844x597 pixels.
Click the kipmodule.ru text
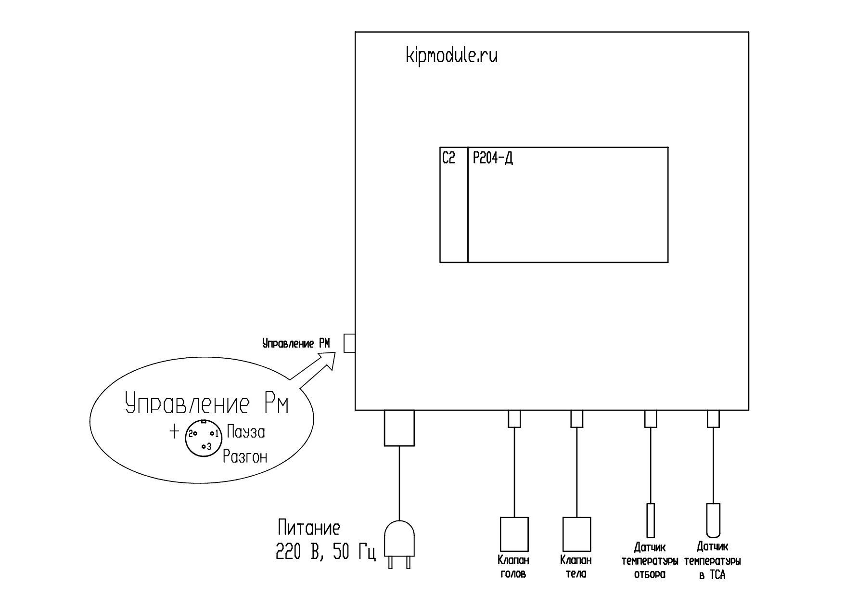452,56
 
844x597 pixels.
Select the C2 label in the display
448,158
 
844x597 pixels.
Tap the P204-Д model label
493,158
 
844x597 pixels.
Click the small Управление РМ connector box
349,343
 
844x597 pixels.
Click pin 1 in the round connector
212,434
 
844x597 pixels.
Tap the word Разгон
245,456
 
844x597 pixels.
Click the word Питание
309,528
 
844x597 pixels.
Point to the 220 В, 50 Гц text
326,553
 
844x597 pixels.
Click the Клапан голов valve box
514,534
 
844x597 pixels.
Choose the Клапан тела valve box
576,534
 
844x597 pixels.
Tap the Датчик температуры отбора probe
651,520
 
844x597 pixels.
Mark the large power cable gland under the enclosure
399,428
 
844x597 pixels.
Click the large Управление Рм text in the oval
207,405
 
